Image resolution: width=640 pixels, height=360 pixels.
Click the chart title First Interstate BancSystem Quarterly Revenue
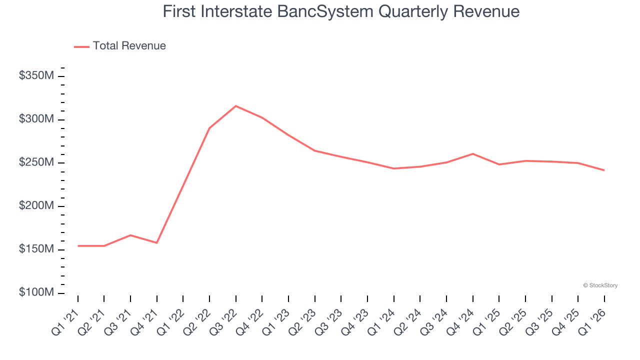click(x=341, y=11)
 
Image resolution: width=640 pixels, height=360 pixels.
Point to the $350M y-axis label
click(x=36, y=76)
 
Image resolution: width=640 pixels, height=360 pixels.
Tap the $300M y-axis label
click(x=36, y=119)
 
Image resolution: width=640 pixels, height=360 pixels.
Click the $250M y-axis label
click(x=36, y=163)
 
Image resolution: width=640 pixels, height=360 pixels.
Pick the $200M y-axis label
click(x=36, y=206)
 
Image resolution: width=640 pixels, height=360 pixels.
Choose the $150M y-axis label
click(x=36, y=249)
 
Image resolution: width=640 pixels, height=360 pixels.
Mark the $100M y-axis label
click(x=36, y=292)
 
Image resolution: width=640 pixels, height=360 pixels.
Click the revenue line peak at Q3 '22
click(x=236, y=106)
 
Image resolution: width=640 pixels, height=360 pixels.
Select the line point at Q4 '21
click(x=157, y=243)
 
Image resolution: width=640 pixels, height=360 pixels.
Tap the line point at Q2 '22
click(x=209, y=128)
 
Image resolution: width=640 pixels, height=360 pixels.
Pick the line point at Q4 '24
click(x=472, y=154)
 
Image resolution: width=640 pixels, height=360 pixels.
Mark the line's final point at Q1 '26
click(x=604, y=170)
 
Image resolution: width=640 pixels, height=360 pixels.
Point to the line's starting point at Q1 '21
click(x=78, y=246)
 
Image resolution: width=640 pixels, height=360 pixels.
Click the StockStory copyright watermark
click(x=600, y=285)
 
